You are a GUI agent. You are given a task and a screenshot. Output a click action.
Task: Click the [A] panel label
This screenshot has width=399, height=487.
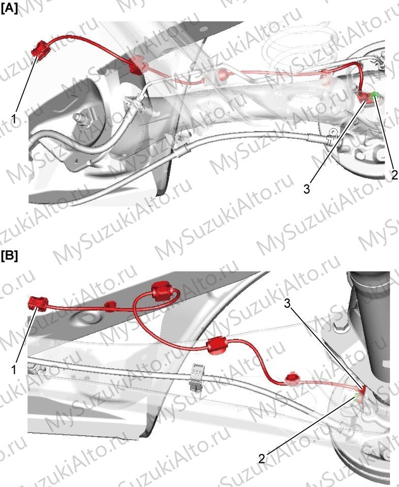(x=9, y=8)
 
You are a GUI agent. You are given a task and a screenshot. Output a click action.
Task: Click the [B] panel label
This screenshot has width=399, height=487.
(x=9, y=256)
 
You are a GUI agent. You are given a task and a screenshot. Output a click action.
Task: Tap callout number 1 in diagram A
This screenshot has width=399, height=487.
(x=14, y=118)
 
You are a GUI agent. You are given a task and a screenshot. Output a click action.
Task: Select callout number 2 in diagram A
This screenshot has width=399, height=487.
(x=394, y=175)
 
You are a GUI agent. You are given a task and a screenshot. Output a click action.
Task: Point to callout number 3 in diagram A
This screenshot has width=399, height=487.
(x=307, y=189)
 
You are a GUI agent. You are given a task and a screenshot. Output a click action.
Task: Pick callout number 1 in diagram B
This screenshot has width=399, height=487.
(x=14, y=370)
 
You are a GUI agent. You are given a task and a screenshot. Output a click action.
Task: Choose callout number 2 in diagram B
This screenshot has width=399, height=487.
(x=262, y=459)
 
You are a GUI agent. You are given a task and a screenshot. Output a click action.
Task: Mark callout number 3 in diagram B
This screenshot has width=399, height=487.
(x=287, y=303)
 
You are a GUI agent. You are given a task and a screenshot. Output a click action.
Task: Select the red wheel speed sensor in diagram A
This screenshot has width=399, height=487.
(x=363, y=98)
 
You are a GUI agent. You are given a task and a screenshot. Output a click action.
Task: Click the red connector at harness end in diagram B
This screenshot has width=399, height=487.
(x=38, y=303)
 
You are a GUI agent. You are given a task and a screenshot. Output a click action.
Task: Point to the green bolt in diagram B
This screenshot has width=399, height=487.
(x=357, y=397)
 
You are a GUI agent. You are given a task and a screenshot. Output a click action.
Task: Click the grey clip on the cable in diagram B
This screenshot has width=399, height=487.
(x=197, y=376)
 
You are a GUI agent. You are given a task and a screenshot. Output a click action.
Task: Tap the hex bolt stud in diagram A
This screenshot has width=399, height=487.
(x=81, y=119)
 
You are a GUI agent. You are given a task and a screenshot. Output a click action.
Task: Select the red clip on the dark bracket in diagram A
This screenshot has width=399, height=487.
(x=137, y=66)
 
